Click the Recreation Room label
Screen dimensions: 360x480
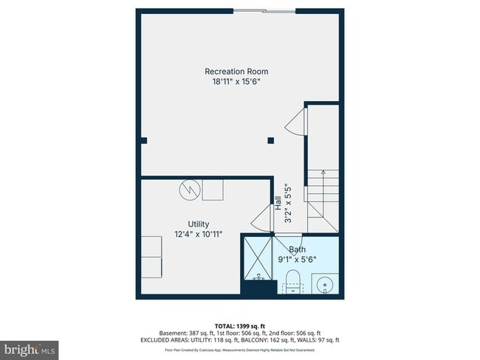tap(237, 71)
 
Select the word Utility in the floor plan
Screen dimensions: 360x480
tap(198, 224)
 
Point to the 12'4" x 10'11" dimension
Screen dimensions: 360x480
tap(198, 234)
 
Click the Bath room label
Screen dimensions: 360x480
tap(297, 250)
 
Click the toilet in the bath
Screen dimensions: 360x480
tap(292, 281)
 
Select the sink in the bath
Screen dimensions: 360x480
tap(323, 283)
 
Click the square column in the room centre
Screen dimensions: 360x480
tap(271, 139)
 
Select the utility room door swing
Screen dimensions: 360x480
tap(261, 219)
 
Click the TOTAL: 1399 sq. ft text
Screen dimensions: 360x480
tap(239, 325)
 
